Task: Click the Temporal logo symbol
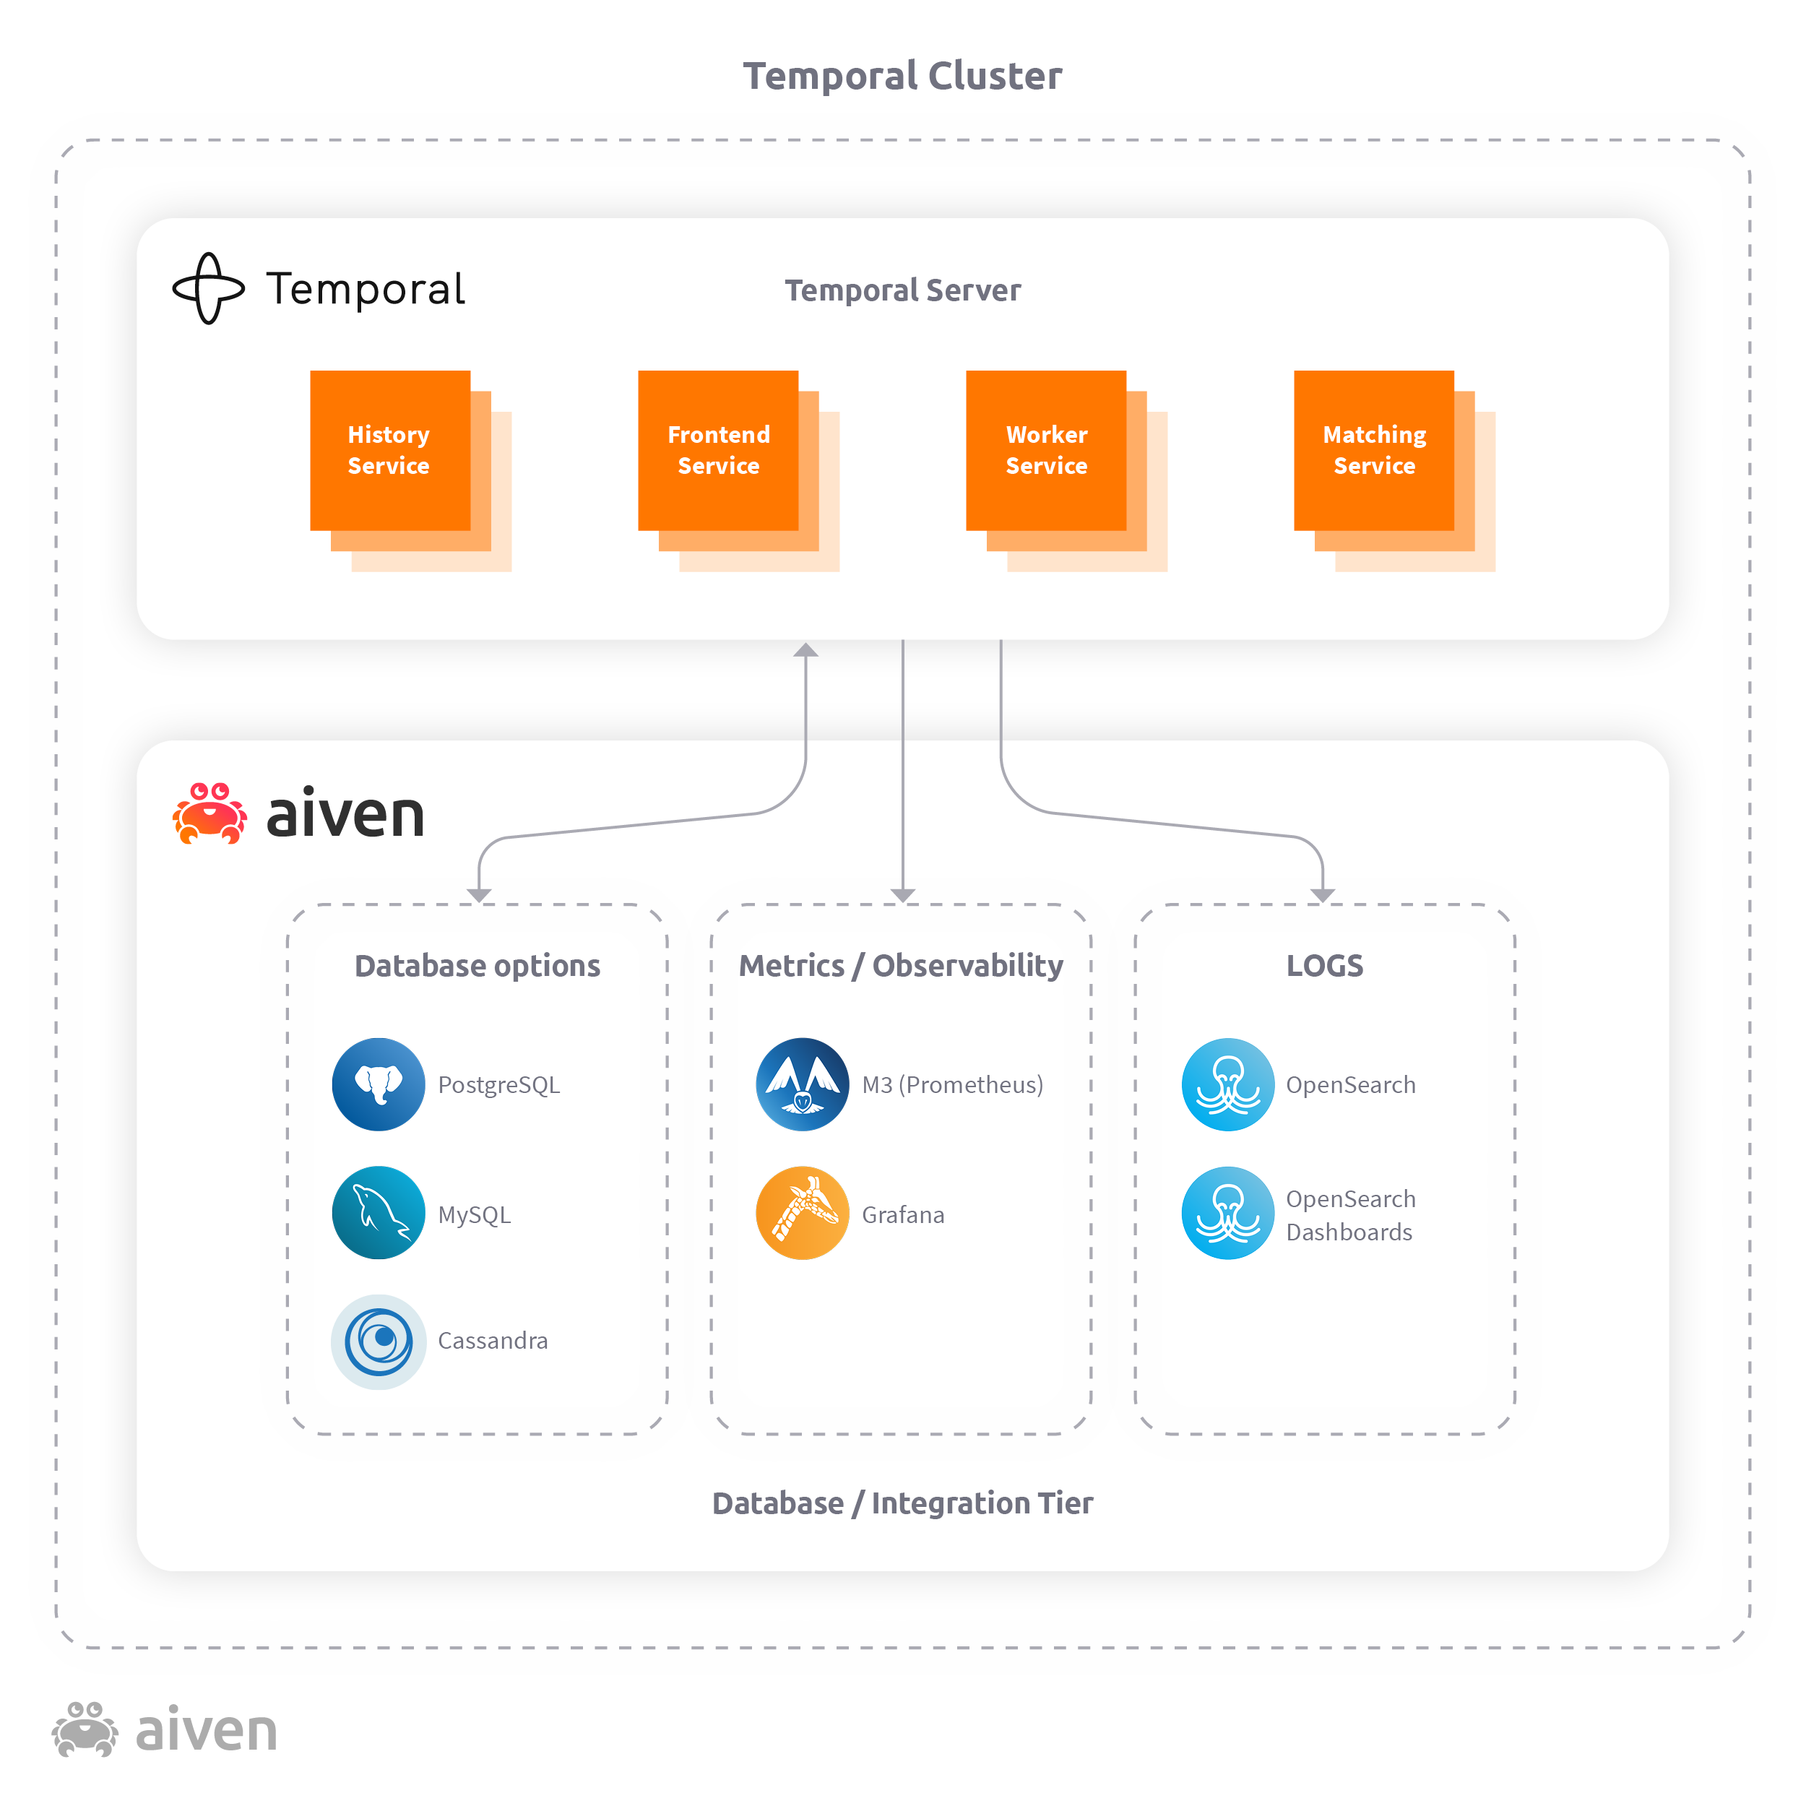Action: [209, 289]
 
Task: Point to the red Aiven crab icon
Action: [209, 813]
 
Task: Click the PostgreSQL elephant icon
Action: [379, 1084]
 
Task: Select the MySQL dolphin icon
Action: [379, 1212]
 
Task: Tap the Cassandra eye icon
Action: [379, 1341]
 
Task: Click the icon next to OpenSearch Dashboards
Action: [1228, 1212]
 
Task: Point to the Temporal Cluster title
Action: [903, 76]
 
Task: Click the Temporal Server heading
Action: [903, 290]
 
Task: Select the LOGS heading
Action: [1325, 966]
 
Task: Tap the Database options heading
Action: [478, 966]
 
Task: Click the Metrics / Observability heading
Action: [901, 966]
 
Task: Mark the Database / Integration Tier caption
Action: [903, 1503]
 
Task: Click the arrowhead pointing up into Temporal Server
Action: [805, 649]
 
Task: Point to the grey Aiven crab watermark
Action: [85, 1729]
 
